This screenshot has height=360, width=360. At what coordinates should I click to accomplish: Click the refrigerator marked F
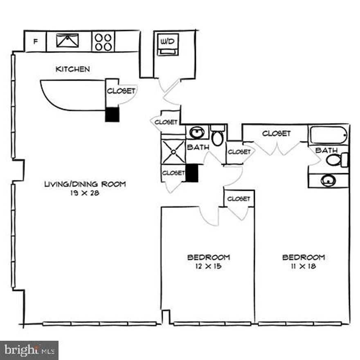[36, 41]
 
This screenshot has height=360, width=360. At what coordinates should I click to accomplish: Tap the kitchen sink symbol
[67, 40]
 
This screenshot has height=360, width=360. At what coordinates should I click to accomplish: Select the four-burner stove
[103, 42]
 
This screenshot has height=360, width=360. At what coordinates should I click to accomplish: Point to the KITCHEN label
[72, 69]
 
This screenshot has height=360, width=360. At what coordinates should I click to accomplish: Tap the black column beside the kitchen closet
[112, 115]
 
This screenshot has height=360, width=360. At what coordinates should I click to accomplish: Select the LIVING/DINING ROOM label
[85, 184]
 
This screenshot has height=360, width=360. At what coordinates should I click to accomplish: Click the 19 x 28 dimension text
[85, 193]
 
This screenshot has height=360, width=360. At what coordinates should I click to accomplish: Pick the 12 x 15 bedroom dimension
[208, 266]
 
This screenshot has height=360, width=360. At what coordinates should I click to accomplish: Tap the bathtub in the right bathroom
[328, 135]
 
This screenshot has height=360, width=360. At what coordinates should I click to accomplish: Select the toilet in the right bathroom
[336, 160]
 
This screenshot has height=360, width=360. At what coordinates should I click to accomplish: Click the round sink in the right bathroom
[328, 180]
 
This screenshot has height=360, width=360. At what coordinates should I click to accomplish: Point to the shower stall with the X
[173, 151]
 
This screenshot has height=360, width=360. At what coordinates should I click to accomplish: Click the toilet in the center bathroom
[218, 136]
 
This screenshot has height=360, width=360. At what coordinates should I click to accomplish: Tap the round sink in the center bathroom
[198, 132]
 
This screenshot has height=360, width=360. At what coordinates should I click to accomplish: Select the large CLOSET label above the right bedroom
[277, 133]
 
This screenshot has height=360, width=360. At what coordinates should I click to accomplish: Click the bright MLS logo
[29, 350]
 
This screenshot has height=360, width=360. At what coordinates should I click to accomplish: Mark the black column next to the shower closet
[192, 173]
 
